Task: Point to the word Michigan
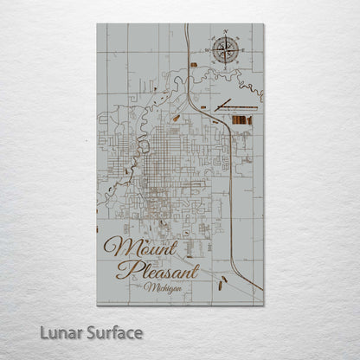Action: tap(164, 287)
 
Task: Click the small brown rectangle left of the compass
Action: tap(194, 65)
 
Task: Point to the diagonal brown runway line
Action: tap(227, 103)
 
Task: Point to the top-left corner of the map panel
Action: tap(98, 24)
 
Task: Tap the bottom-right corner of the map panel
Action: tap(263, 305)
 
